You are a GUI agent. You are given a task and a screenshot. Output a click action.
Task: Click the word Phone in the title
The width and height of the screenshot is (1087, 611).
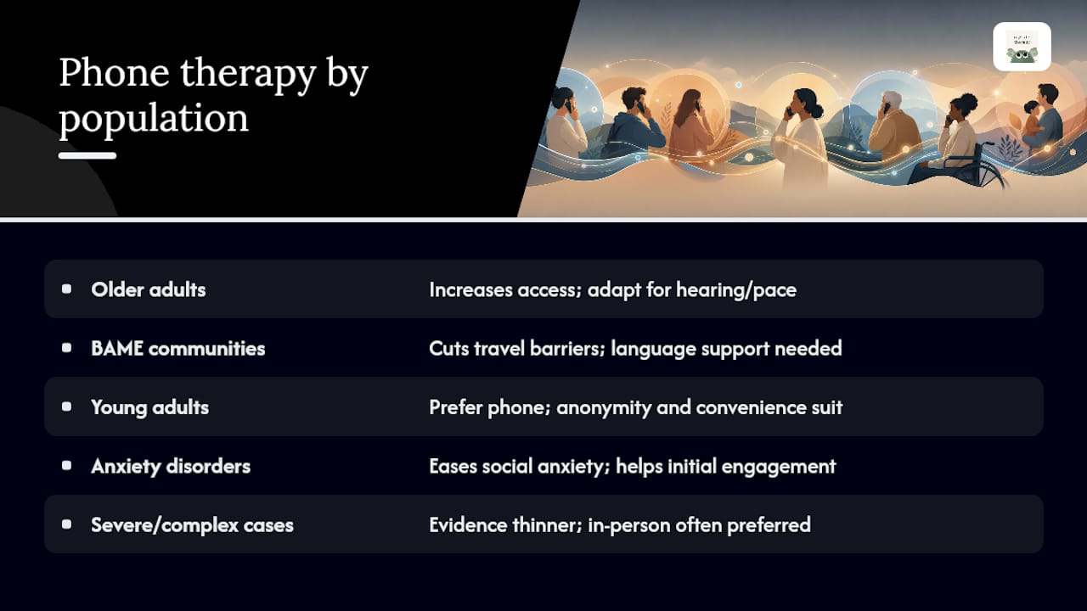[x=114, y=73]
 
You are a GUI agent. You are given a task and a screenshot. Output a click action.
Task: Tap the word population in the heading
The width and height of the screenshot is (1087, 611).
[x=154, y=118]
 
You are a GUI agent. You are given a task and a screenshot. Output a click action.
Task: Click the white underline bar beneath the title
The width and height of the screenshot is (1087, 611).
[x=87, y=155]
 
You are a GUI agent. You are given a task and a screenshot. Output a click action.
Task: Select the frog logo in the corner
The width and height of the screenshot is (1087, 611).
[x=1022, y=47]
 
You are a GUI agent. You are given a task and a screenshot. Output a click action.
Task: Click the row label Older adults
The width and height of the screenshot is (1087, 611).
[x=149, y=289]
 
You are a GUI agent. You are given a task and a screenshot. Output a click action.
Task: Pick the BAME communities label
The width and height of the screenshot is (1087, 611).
[x=178, y=348]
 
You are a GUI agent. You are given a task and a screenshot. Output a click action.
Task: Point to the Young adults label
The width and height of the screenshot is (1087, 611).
[x=150, y=407]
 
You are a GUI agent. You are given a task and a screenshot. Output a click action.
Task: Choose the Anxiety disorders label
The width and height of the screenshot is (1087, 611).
[x=171, y=466]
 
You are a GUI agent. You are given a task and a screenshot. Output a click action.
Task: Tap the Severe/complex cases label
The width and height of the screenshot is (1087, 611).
[x=192, y=525]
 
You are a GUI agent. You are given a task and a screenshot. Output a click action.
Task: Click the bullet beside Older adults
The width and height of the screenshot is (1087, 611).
[x=67, y=289]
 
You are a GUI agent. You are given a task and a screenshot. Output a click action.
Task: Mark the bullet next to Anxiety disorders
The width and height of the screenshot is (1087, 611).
[x=67, y=466]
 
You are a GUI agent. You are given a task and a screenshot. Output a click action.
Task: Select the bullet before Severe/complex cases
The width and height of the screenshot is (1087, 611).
[x=67, y=524]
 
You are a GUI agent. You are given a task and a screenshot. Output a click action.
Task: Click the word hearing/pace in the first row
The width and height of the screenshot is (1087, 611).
[x=736, y=290]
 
